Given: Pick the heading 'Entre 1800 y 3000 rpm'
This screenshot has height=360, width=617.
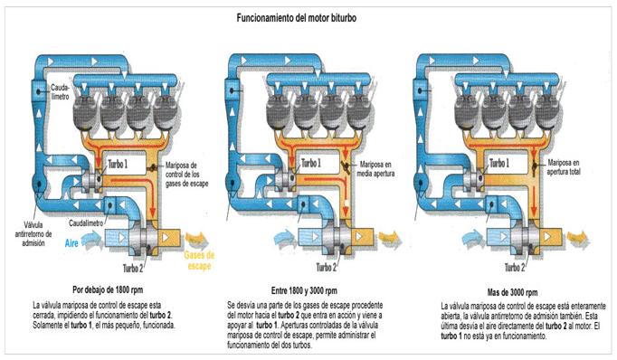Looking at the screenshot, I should click(305, 292).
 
